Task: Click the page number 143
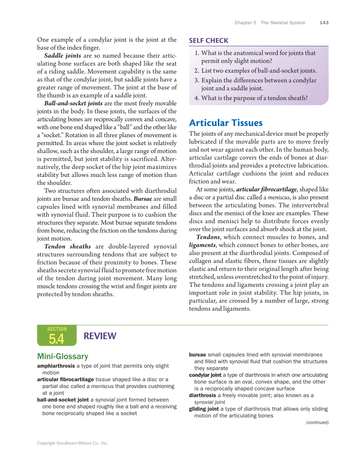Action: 324,23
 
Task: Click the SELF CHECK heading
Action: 209,41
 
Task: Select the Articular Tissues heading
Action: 226,123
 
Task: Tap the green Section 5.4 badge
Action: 57,335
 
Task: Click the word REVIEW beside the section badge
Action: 100,336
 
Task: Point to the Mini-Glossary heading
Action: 63,356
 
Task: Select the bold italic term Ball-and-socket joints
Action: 73,103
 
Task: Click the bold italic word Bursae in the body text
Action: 143,198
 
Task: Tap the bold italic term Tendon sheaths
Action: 67,246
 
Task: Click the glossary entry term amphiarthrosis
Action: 56,366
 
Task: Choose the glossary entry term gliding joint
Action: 205,409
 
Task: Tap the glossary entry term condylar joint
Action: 205,375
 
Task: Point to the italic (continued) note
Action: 317,422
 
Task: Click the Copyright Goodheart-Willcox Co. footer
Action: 73,443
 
